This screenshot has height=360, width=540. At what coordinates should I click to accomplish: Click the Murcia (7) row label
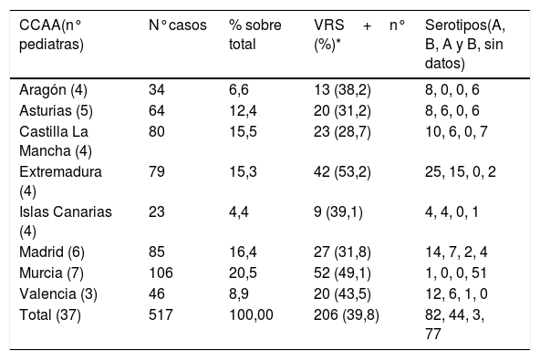pos(51,273)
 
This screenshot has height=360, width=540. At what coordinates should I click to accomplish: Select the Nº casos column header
pos(178,26)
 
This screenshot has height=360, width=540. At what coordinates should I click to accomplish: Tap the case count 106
pos(161,273)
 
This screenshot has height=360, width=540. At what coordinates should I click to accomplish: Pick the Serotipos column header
pos(465,44)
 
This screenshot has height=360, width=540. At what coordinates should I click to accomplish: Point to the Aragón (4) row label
pos(53,90)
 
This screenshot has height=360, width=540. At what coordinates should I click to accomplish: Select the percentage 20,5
pos(243,273)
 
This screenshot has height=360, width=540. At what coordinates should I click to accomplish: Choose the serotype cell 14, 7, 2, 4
pos(456,252)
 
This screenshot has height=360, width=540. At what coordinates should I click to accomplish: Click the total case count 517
pos(161,315)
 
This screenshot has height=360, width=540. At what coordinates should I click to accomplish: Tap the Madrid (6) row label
pos(52,252)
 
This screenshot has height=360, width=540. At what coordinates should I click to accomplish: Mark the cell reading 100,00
pos(251,315)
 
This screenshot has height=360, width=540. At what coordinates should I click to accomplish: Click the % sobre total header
pos(255,35)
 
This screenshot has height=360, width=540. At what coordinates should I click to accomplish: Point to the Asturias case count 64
pos(157,111)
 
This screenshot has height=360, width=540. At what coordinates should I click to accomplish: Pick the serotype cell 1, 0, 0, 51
pos(456,273)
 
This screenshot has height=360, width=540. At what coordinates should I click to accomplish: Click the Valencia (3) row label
pos(58,294)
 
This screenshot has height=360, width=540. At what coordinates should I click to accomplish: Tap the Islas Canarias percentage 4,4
pos(239,212)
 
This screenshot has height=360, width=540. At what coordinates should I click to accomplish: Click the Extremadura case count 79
pos(157,171)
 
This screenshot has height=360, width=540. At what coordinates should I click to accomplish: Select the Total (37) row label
pos(50,315)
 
